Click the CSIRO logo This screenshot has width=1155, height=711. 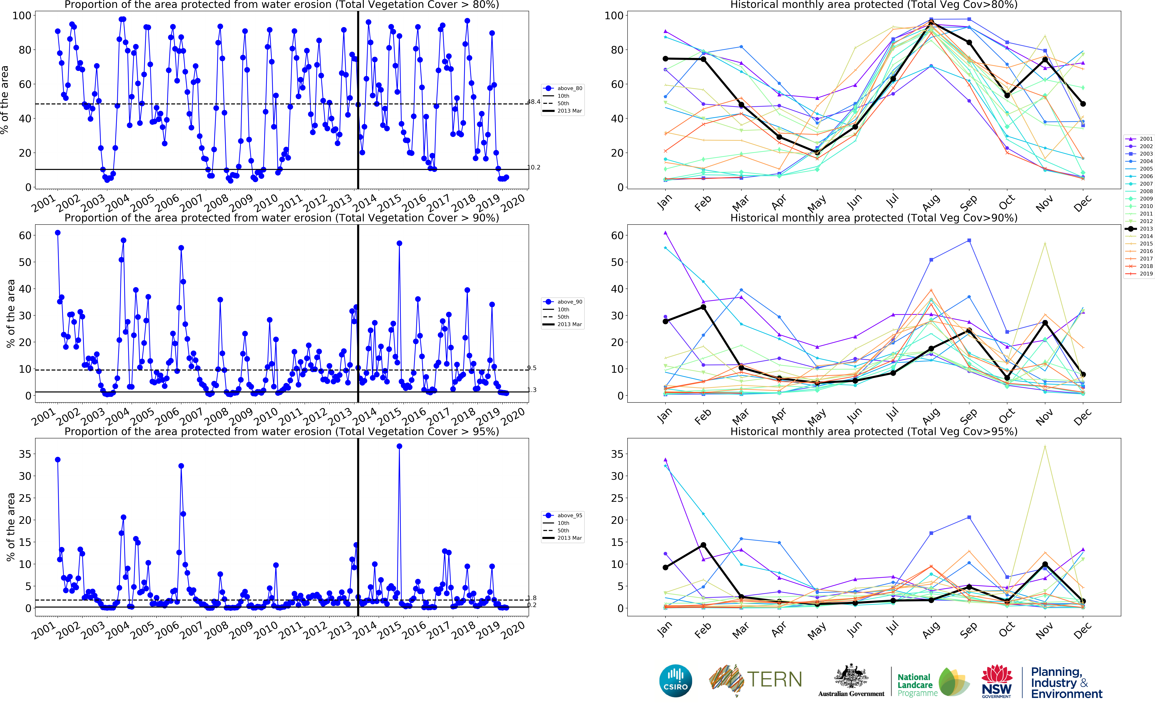676,680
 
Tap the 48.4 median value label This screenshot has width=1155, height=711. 534,102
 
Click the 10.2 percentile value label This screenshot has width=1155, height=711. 534,167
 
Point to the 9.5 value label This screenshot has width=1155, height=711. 532,368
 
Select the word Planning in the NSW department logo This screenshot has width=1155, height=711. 1056,672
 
